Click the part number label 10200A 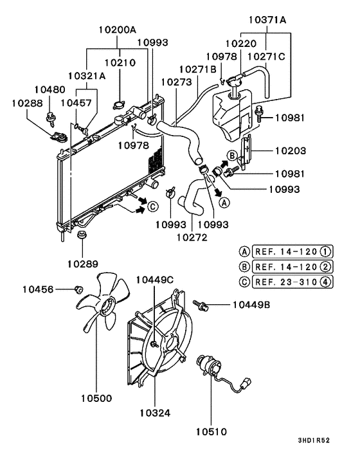[118, 30]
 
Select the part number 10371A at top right [266, 21]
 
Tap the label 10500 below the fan [96, 399]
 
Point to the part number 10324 [154, 413]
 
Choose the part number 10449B [252, 304]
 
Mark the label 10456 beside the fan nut [39, 290]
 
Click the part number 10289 [82, 263]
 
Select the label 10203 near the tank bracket [291, 152]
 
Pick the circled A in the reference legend [245, 251]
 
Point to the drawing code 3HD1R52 [314, 440]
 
